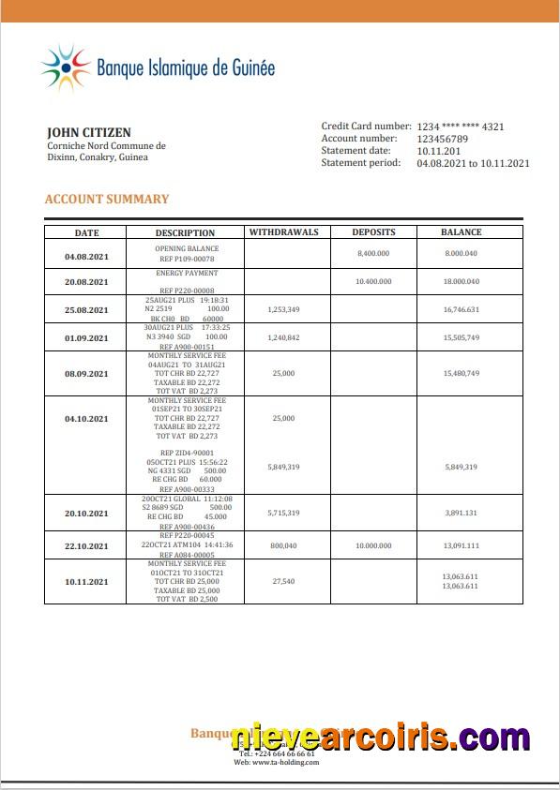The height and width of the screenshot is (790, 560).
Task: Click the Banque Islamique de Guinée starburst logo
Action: [x=65, y=67]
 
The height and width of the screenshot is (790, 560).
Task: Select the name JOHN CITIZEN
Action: [x=89, y=133]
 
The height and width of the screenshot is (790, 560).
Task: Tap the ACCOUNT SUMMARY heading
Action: [x=107, y=199]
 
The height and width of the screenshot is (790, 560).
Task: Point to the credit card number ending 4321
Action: [x=461, y=127]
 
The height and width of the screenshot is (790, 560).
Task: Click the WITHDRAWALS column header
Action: [x=283, y=232]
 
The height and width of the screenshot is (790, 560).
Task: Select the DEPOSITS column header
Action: [x=373, y=232]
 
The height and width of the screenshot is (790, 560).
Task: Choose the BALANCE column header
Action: [x=462, y=232]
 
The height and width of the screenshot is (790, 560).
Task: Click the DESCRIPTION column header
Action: [x=185, y=232]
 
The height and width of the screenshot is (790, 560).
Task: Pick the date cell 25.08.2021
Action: [x=86, y=309]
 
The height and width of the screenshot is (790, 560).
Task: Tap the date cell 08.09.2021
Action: [x=86, y=373]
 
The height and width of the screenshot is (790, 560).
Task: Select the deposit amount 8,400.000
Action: [x=373, y=253]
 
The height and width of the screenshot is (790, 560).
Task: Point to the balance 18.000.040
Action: [x=462, y=281]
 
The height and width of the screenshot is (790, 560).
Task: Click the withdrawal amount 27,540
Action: [x=283, y=582]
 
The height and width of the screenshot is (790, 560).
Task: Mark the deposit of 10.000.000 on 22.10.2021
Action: [x=373, y=545]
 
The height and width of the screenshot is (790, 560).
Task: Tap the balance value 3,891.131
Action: [x=462, y=513]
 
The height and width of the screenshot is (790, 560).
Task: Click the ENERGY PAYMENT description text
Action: [x=187, y=273]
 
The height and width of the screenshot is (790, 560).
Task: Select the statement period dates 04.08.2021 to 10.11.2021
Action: [x=473, y=163]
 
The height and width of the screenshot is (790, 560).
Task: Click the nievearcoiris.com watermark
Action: [x=380, y=738]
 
